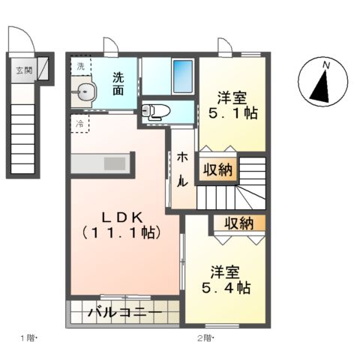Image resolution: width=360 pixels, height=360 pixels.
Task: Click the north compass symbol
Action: coord(322,83)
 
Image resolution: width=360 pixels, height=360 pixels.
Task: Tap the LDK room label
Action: coord(122,223)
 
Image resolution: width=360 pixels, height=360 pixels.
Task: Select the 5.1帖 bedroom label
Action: coord(232,106)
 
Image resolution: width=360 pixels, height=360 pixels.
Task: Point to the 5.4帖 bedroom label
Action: coord(225,279)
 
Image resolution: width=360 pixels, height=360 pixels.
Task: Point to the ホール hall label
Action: coord(183,170)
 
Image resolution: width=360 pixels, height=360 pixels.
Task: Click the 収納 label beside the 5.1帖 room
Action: coord(217,169)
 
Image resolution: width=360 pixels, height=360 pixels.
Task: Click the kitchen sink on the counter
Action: coord(115,163)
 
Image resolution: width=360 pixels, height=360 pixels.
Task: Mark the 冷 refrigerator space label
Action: coord(79,121)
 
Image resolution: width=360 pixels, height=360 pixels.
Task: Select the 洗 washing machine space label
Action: coord(80,66)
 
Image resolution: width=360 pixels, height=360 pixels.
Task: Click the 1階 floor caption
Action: coord(29,337)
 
